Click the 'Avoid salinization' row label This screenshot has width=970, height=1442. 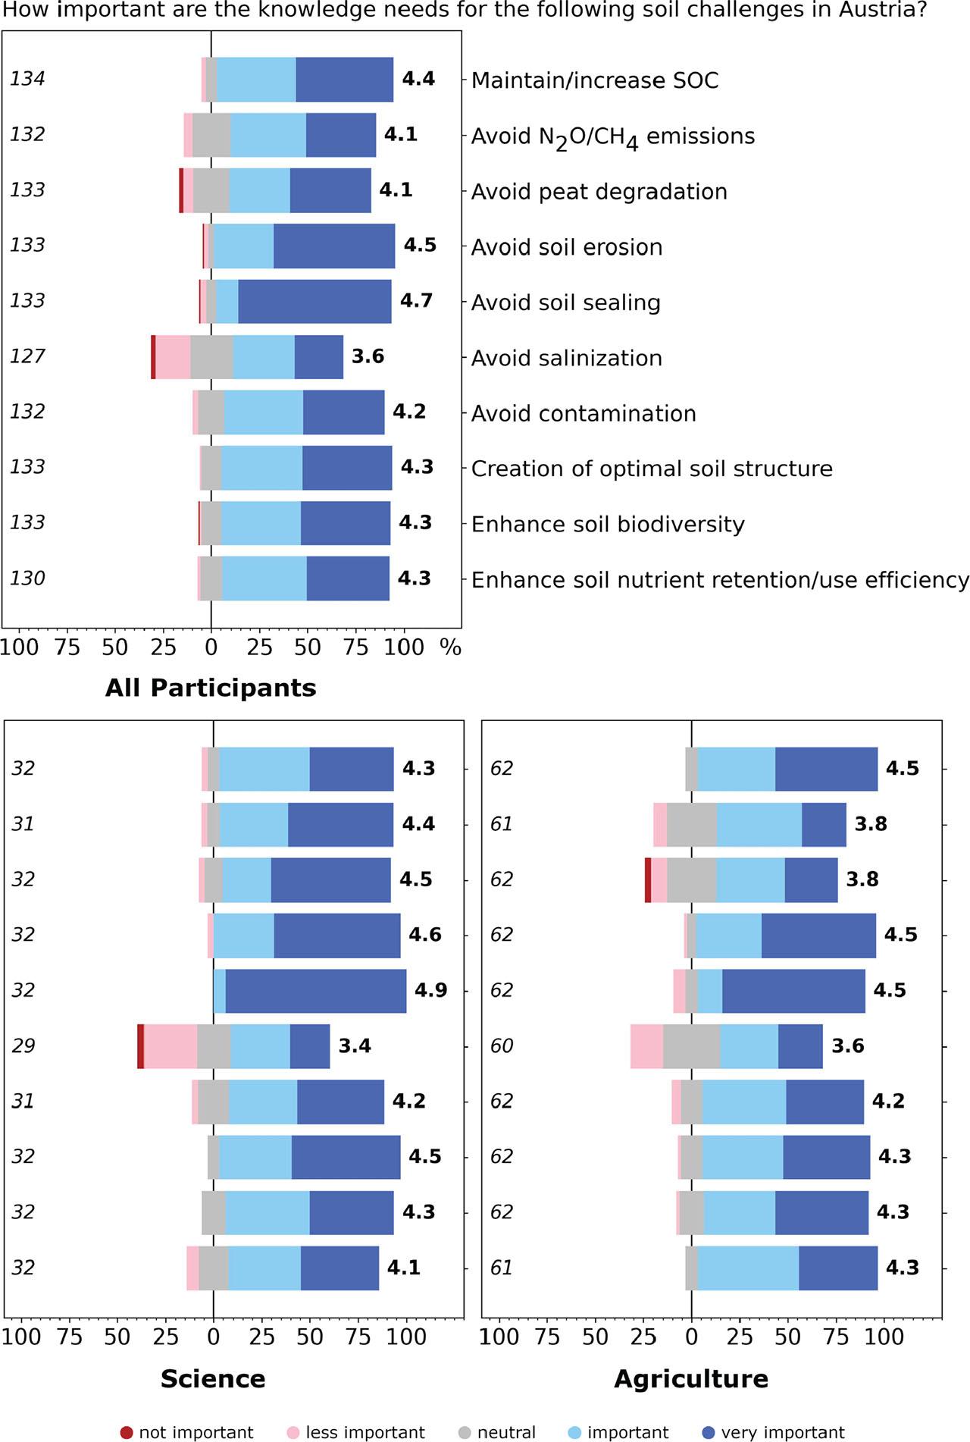566,358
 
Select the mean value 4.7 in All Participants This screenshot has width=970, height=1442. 416,301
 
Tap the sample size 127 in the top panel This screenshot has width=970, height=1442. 27,356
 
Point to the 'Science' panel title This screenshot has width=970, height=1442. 213,1378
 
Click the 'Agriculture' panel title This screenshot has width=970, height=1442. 690,1378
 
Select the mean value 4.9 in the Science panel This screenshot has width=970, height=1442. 430,990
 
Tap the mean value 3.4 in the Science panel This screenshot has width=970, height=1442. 355,1046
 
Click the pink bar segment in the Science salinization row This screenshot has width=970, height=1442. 170,1046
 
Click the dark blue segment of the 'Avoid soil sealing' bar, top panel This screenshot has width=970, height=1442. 314,302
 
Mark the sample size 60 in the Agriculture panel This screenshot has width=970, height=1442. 502,1046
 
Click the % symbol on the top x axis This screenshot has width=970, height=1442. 451,647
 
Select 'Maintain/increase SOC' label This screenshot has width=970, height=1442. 594,80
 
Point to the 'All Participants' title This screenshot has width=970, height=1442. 211,688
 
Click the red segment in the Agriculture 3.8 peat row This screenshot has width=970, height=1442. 648,880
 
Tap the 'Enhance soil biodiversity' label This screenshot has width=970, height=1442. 607,525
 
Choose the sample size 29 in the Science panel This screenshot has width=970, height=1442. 23,1046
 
